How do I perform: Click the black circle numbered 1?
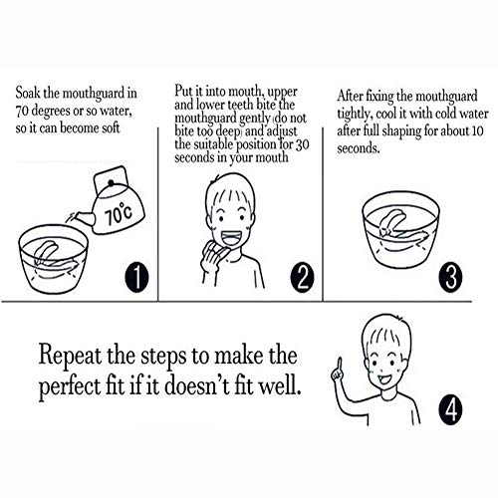tap(136, 277)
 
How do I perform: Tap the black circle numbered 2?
tap(302, 277)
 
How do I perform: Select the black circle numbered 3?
tap(450, 277)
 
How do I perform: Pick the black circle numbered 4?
tap(450, 410)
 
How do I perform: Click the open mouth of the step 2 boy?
tap(233, 238)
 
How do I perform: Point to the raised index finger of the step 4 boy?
tap(340, 367)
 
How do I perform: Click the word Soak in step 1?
tap(28, 93)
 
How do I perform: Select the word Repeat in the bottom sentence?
tap(70, 357)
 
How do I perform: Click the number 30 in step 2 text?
tap(302, 144)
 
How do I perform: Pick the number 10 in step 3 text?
tap(477, 130)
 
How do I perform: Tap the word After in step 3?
tap(350, 97)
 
